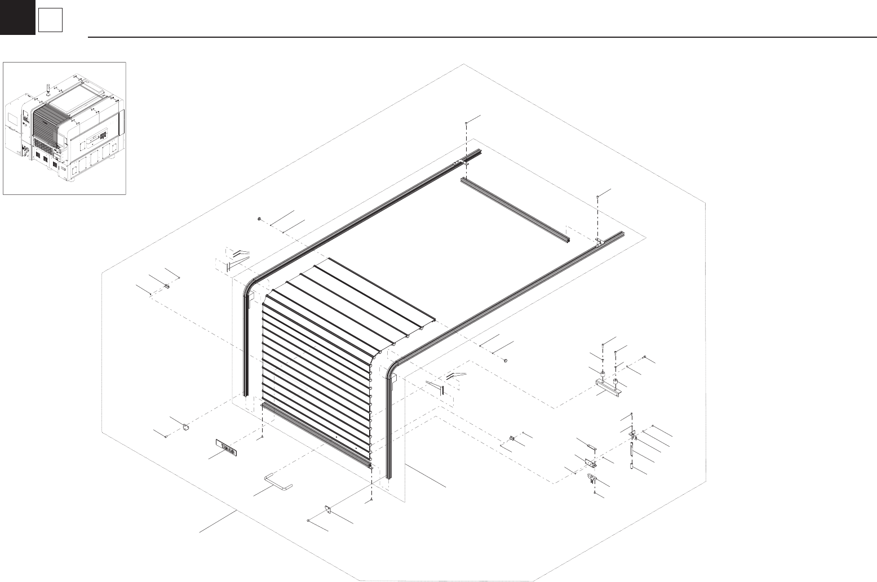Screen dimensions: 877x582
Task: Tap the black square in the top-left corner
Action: point(17,17)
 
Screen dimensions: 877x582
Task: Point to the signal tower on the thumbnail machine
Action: point(48,88)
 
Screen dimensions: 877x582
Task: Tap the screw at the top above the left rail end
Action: point(466,123)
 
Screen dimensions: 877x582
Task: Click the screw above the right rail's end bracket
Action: point(597,197)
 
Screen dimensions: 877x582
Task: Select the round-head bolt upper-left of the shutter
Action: point(258,218)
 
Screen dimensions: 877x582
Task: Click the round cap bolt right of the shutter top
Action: point(505,360)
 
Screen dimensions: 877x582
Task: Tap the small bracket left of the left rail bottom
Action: point(184,428)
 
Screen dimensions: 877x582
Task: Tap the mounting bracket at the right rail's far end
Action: point(599,242)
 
